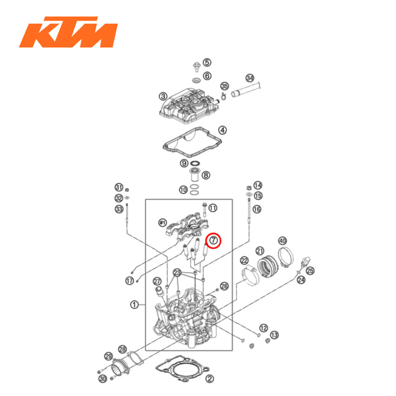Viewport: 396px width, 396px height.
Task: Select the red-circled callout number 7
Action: click(213, 240)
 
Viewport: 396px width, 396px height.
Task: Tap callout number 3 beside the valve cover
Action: click(163, 96)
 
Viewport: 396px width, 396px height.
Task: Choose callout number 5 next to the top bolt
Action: click(207, 63)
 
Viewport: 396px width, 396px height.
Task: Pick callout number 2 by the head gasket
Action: click(210, 379)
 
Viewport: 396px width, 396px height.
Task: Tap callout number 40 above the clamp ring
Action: click(282, 240)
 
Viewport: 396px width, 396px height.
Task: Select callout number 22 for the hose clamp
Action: click(244, 260)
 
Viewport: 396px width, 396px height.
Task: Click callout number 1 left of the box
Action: click(135, 305)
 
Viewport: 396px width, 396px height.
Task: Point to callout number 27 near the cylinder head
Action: click(157, 281)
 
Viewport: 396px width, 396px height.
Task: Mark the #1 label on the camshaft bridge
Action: click(162, 223)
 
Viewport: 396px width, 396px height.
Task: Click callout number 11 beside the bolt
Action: click(213, 208)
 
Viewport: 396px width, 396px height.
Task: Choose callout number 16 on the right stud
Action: click(257, 209)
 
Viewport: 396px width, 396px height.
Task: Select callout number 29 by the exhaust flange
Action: click(108, 356)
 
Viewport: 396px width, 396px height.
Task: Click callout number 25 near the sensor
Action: click(310, 270)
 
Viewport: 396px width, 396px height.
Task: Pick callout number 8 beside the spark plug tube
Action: click(206, 175)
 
